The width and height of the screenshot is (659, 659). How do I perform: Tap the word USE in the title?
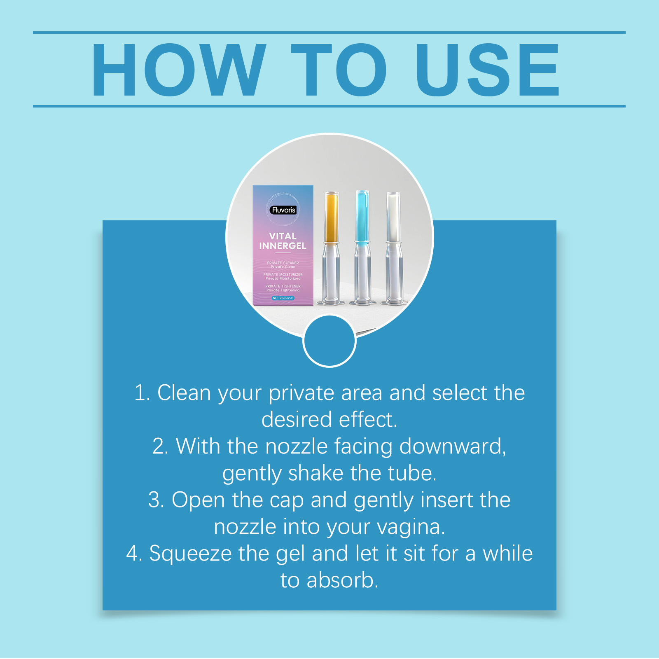pyautogui.click(x=488, y=70)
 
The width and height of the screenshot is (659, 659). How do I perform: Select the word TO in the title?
pyautogui.click(x=339, y=70)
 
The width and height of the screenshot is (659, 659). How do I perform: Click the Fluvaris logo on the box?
pyautogui.click(x=284, y=210)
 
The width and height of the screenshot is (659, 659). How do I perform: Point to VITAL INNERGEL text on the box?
pyautogui.click(x=283, y=241)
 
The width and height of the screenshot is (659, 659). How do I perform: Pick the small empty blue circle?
pyautogui.click(x=329, y=341)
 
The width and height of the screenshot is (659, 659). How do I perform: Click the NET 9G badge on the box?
pyautogui.click(x=283, y=298)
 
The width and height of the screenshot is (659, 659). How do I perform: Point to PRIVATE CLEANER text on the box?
pyautogui.click(x=283, y=263)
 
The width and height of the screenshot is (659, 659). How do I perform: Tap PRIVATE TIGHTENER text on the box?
pyautogui.click(x=283, y=286)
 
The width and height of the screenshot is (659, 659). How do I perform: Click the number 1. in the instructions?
pyautogui.click(x=143, y=393)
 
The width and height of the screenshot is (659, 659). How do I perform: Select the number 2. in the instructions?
pyautogui.click(x=161, y=446)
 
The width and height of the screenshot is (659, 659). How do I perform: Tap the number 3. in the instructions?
pyautogui.click(x=157, y=500)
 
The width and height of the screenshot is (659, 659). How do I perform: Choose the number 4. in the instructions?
pyautogui.click(x=134, y=554)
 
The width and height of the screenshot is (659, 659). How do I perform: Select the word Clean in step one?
pyautogui.click(x=184, y=393)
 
